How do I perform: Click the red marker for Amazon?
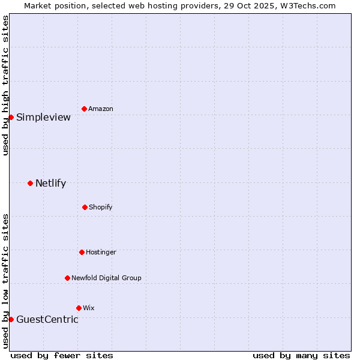click(x=84, y=109)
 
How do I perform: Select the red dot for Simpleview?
click(x=11, y=117)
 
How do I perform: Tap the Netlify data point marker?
click(x=30, y=183)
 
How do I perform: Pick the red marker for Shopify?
click(x=85, y=207)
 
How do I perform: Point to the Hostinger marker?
click(x=82, y=252)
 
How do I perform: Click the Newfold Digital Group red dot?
click(x=67, y=278)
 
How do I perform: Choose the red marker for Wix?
click(x=79, y=308)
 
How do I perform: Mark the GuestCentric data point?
click(x=11, y=319)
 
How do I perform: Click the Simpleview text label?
click(x=43, y=118)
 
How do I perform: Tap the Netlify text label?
click(x=50, y=184)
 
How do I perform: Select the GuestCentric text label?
click(x=47, y=320)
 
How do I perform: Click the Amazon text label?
click(x=101, y=109)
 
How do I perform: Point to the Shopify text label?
click(x=100, y=208)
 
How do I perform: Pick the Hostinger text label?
click(x=101, y=253)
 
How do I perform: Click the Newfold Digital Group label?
click(x=106, y=278)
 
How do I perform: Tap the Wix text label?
click(x=88, y=308)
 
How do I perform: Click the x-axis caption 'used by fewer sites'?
click(x=62, y=355)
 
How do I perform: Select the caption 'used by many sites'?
click(x=301, y=355)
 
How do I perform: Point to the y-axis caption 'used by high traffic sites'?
click(x=5, y=85)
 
